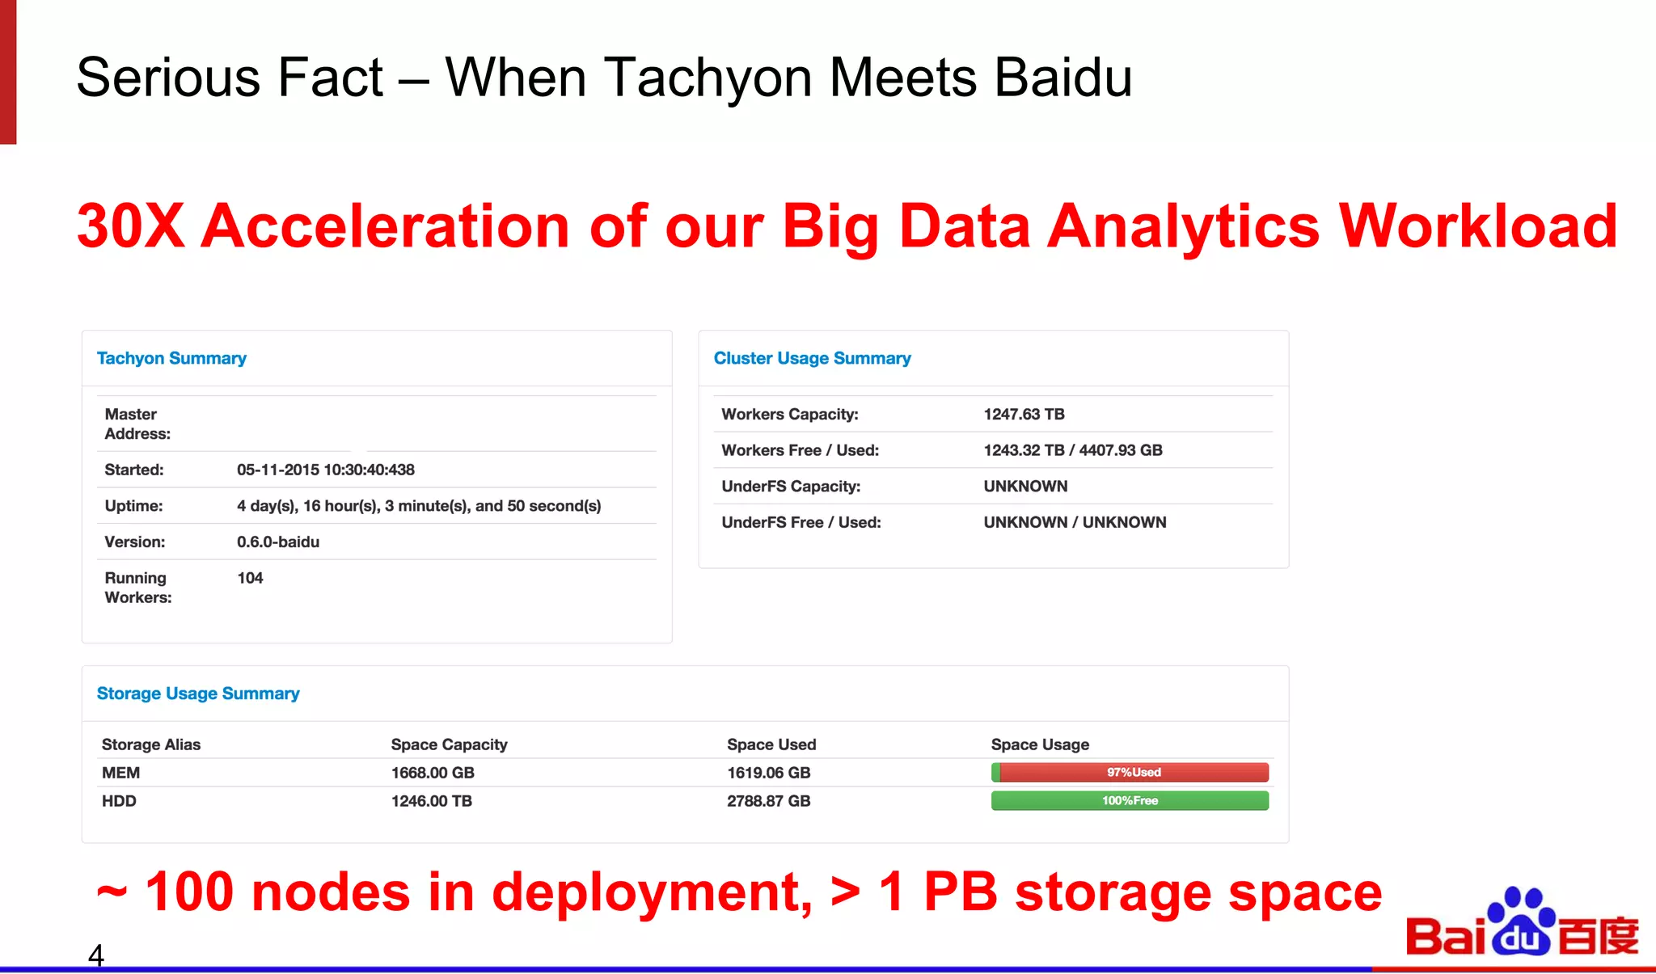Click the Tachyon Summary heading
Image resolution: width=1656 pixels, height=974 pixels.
(171, 358)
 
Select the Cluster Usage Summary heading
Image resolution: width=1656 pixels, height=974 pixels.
(812, 358)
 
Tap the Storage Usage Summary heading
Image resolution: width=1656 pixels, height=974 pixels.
(198, 694)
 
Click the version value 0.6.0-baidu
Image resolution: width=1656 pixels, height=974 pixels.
(277, 542)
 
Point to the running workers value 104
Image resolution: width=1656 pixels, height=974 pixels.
(250, 578)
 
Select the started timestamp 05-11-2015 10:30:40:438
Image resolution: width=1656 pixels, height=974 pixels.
(325, 470)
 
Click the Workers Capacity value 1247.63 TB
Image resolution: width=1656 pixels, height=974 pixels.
(1024, 414)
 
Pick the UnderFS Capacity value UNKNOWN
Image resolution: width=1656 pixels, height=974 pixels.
(1025, 486)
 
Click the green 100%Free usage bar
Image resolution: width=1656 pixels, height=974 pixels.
(1130, 800)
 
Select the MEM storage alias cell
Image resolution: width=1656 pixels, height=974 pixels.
(120, 773)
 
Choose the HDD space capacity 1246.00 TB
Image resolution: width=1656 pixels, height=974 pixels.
(431, 801)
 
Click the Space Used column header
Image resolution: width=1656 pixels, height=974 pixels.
(771, 744)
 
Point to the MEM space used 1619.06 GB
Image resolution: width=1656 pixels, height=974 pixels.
(768, 773)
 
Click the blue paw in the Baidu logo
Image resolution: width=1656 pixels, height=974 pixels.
(1521, 923)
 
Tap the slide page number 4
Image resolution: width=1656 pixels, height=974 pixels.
(95, 955)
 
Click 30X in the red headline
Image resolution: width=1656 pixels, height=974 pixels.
(130, 226)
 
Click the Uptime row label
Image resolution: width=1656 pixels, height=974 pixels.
(133, 506)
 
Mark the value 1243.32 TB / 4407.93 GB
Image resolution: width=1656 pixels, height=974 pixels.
(1072, 450)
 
